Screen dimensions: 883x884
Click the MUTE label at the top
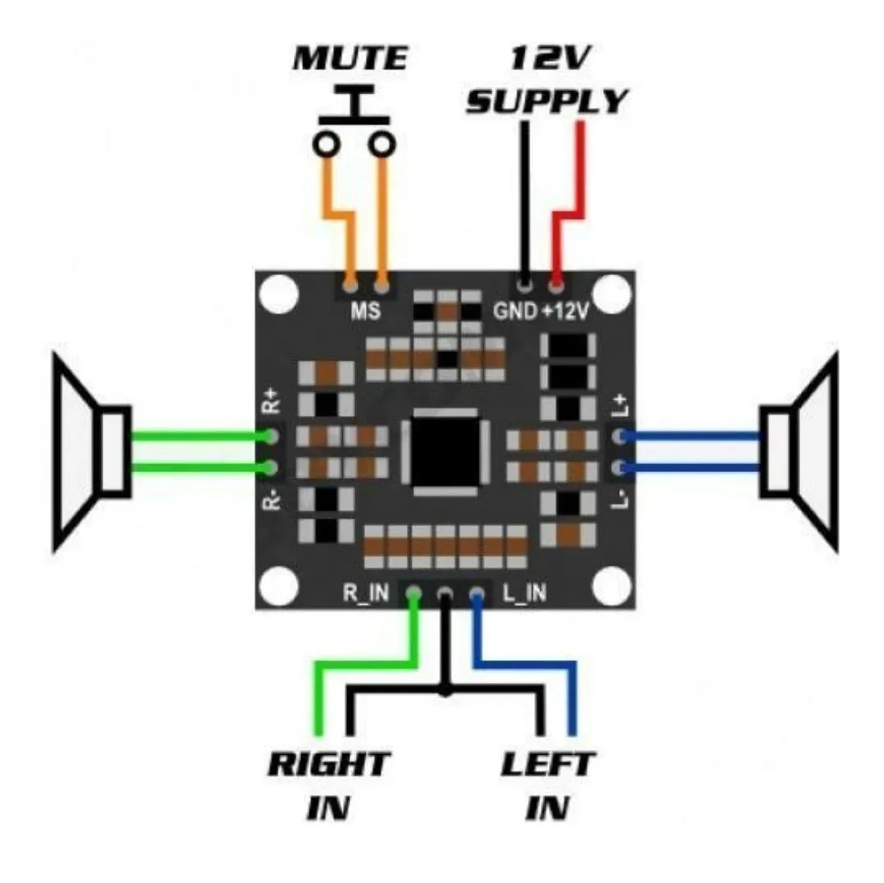[x=350, y=58]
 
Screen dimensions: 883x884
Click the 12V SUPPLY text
[x=547, y=81]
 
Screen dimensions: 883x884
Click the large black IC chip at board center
[x=446, y=451]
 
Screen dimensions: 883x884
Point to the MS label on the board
[x=365, y=310]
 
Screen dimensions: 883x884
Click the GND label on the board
[x=514, y=310]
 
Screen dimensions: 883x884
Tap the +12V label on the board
[x=565, y=310]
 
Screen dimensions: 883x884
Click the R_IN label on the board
[x=366, y=593]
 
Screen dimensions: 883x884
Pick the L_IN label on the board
[x=524, y=593]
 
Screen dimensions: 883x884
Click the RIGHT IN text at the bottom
[x=329, y=785]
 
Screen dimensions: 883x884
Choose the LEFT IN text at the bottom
[x=547, y=785]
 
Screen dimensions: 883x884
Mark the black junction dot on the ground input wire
[x=445, y=690]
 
